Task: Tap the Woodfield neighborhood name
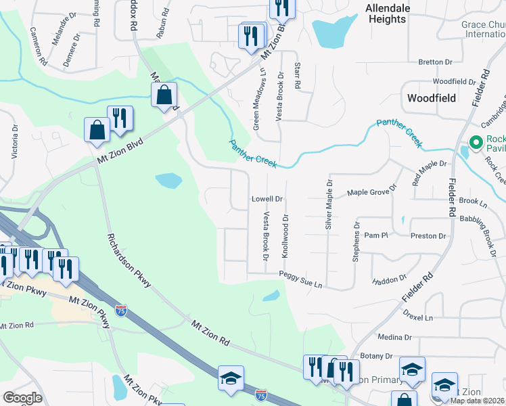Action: (432, 98)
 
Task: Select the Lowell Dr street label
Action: (267, 199)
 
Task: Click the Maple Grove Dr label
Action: (368, 193)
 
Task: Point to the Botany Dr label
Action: (377, 355)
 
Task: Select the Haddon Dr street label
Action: (388, 279)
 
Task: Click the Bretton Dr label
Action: (435, 62)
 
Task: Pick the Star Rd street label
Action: (297, 76)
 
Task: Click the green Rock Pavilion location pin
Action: (476, 143)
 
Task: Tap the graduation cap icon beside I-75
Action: (231, 378)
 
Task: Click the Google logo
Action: (22, 398)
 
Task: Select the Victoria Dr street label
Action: (15, 141)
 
